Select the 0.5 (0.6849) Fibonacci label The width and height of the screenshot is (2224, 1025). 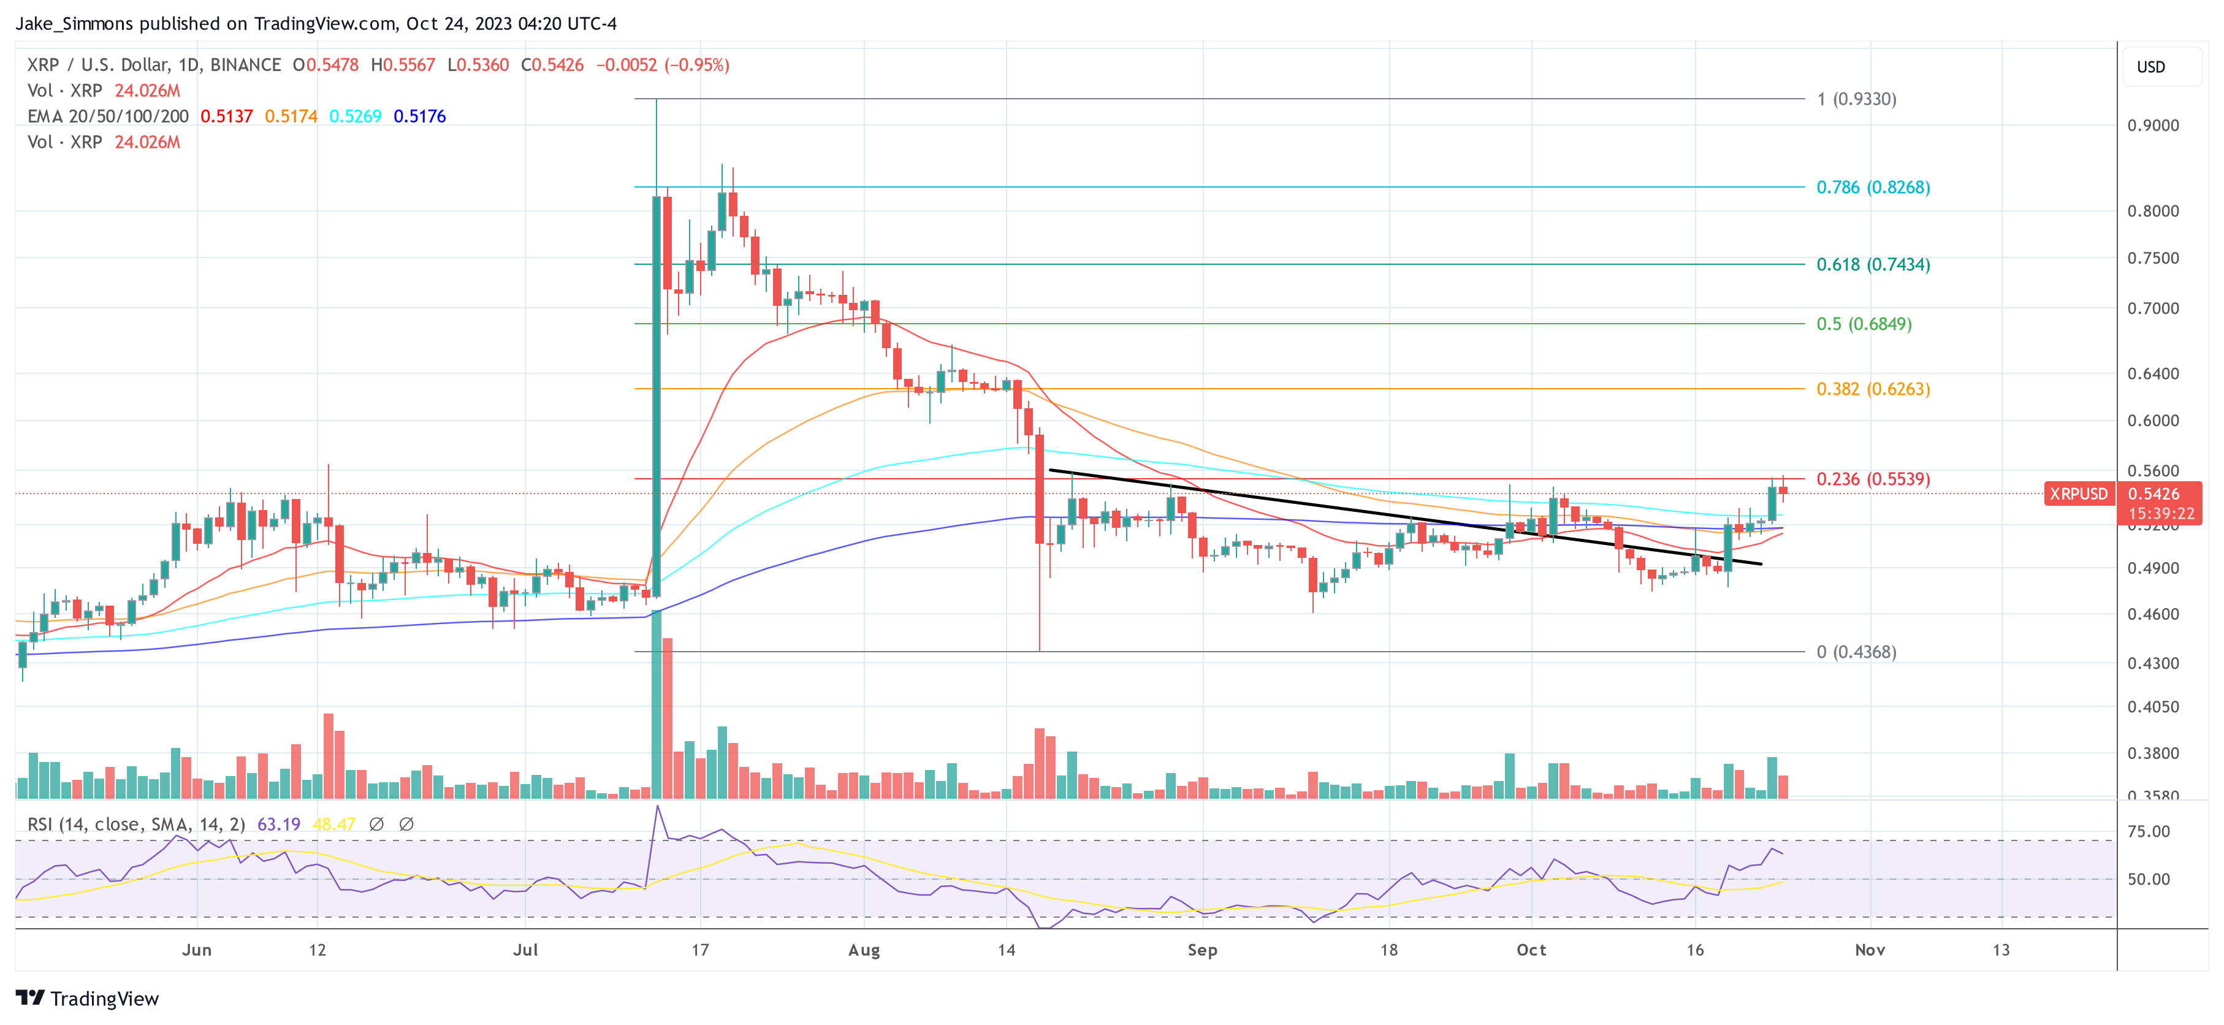click(1863, 324)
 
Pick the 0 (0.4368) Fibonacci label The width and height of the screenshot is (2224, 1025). click(1856, 652)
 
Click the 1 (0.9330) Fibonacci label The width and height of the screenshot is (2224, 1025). click(1856, 99)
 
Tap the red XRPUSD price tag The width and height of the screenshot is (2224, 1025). click(2077, 494)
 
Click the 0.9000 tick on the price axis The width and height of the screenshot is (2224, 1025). click(2152, 125)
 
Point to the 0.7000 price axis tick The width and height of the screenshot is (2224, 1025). click(2152, 308)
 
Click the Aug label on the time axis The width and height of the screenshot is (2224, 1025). click(863, 950)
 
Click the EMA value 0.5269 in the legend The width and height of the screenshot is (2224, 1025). click(355, 116)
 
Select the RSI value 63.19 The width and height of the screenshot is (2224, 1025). click(278, 825)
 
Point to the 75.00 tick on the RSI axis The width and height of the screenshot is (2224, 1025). click(2148, 831)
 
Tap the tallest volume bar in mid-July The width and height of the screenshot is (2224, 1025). click(656, 704)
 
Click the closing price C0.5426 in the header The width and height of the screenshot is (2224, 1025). click(552, 65)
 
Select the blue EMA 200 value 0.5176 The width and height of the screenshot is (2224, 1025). click(419, 116)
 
